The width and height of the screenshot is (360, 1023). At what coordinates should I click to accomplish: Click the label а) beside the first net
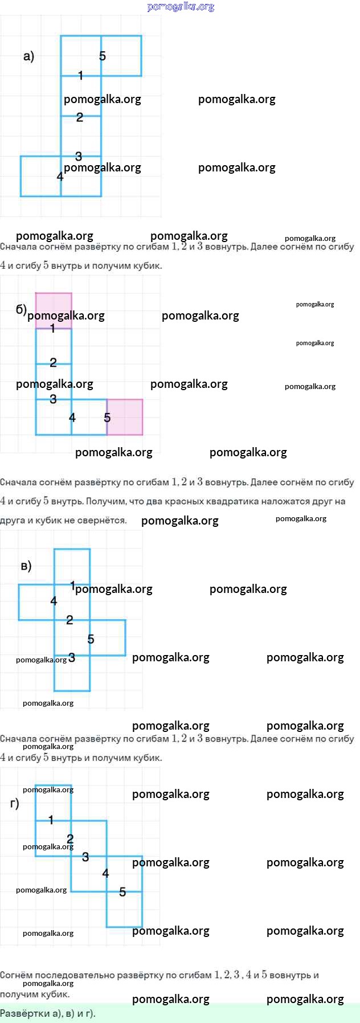coord(28,56)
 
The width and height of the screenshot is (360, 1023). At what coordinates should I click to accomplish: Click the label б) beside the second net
coord(21,309)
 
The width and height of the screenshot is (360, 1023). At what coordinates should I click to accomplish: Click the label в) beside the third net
coord(26,566)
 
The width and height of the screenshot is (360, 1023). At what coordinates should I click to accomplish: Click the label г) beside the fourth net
coord(15,804)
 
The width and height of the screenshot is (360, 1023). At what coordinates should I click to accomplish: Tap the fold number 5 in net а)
coord(103,56)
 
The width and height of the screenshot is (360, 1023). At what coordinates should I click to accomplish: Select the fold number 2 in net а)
coord(80,117)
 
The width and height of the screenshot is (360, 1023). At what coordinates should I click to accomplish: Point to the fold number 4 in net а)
coord(60,177)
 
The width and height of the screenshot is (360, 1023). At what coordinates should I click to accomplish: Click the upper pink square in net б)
coord(54,310)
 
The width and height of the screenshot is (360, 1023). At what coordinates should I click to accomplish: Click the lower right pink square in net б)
coord(125,417)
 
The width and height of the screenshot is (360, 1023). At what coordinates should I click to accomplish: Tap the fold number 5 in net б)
coord(107,418)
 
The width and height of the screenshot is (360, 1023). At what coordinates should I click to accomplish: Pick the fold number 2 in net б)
coord(53,362)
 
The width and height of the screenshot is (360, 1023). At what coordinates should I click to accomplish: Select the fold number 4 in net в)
coord(54,601)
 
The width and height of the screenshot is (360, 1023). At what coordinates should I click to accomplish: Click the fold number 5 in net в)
coord(91,639)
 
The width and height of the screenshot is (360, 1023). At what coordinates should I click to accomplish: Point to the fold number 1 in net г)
coord(51,820)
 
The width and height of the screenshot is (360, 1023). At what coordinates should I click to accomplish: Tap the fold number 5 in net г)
coord(122,892)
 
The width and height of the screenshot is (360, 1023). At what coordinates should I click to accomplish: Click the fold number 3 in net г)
coord(85,857)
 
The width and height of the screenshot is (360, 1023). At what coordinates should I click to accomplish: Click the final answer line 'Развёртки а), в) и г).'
coord(48,1013)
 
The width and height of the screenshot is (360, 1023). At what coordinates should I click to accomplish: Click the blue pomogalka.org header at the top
coord(181,7)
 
